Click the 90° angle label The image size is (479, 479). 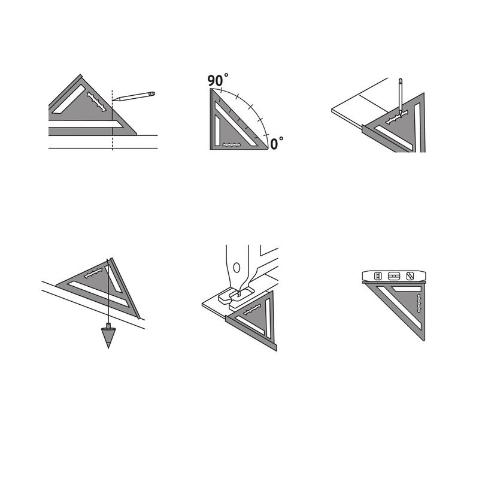point(218,80)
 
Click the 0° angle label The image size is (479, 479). point(277,143)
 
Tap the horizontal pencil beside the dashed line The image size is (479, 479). point(134,96)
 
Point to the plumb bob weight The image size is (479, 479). point(108,335)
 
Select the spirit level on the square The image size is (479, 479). point(393,276)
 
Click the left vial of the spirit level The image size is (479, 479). point(378,276)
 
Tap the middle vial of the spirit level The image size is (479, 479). point(394,276)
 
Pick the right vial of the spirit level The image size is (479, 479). point(410,276)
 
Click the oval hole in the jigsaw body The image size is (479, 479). point(237,268)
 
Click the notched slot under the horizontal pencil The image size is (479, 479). point(97,102)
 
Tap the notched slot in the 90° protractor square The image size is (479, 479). point(232,145)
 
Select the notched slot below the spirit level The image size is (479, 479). point(419,303)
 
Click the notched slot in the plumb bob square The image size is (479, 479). point(93,273)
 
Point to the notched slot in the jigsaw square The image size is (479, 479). point(252,309)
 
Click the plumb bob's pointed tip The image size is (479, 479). point(108,348)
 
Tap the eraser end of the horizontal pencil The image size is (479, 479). point(153,93)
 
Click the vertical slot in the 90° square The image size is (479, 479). point(217,130)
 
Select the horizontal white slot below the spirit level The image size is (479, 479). point(407,289)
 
